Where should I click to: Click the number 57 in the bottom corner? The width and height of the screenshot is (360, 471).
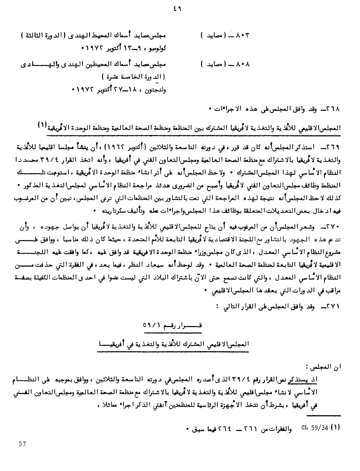(x=22, y=444)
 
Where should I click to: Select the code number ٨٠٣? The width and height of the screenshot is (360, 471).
(x=242, y=36)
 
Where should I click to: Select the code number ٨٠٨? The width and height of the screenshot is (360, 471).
(x=242, y=65)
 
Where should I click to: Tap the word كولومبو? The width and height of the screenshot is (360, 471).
(x=154, y=47)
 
